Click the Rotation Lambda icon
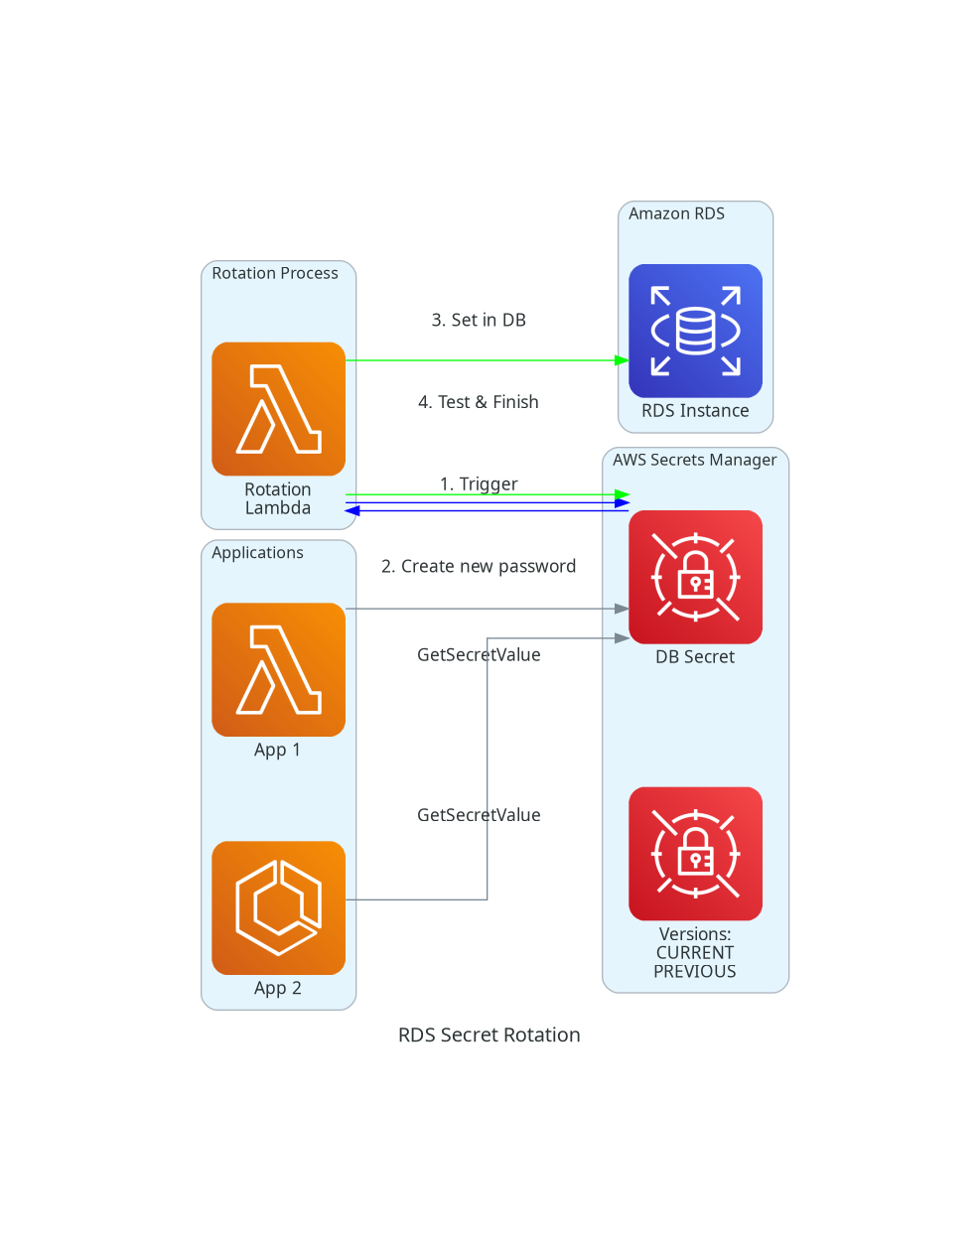pyautogui.click(x=278, y=409)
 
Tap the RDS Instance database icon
pyautogui.click(x=695, y=331)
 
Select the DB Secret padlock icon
pyautogui.click(x=695, y=577)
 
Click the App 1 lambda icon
pyautogui.click(x=278, y=669)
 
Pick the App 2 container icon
pyautogui.click(x=278, y=907)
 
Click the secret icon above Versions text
pyautogui.click(x=695, y=853)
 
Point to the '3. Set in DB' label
pyautogui.click(x=479, y=320)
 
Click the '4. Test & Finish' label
pyautogui.click(x=479, y=402)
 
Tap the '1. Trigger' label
pyautogui.click(x=479, y=484)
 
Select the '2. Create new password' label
pyautogui.click(x=479, y=566)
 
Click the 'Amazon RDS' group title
pyautogui.click(x=676, y=213)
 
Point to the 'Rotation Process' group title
pyautogui.click(x=275, y=273)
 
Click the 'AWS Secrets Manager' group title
pyautogui.click(x=694, y=460)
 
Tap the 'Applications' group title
pyautogui.click(x=257, y=553)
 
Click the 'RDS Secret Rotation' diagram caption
pyautogui.click(x=490, y=1035)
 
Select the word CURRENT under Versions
pyautogui.click(x=695, y=953)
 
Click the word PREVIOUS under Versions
pyautogui.click(x=695, y=971)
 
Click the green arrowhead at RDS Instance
pyautogui.click(x=622, y=360)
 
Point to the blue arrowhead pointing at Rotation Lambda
pyautogui.click(x=352, y=510)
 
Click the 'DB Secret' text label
pyautogui.click(x=695, y=656)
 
